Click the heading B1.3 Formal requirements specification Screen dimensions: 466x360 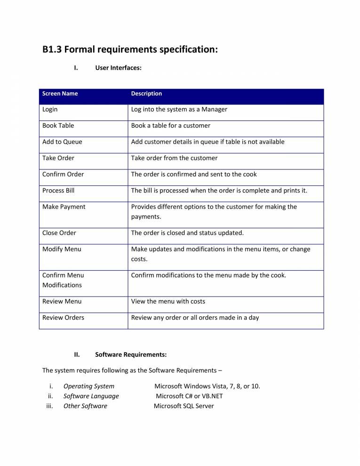click(x=130, y=49)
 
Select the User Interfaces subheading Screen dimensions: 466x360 click(x=118, y=68)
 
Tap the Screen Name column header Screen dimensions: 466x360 click(x=60, y=94)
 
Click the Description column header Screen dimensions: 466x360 click(x=146, y=94)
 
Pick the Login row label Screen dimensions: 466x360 click(x=50, y=110)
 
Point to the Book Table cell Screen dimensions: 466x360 click(x=58, y=126)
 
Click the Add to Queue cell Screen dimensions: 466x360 click(x=62, y=142)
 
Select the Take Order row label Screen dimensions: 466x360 click(x=58, y=158)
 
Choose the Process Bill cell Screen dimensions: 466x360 click(x=58, y=191)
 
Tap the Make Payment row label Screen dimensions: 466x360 click(x=64, y=207)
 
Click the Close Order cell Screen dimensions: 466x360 click(x=59, y=233)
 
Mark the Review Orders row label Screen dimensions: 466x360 click(x=63, y=318)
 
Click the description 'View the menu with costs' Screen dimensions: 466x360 click(x=168, y=301)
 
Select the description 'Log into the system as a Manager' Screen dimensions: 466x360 click(x=179, y=110)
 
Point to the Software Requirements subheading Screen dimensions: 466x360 click(x=131, y=354)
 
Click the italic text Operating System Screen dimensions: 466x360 click(x=89, y=386)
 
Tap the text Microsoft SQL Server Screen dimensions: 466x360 click(x=184, y=406)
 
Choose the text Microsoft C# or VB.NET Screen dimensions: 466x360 click(x=189, y=396)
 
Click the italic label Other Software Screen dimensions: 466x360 click(x=85, y=406)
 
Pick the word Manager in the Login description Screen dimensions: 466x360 click(x=214, y=110)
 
